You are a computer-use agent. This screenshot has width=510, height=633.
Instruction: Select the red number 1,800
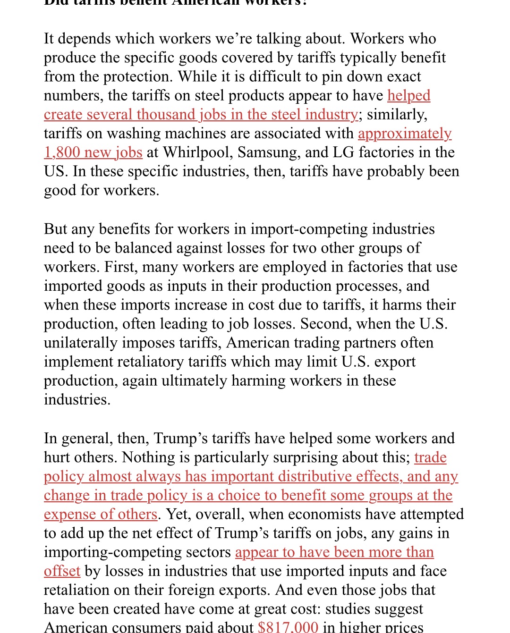pyautogui.click(x=60, y=152)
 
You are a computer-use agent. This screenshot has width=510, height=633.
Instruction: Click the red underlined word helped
pyautogui.click(x=408, y=95)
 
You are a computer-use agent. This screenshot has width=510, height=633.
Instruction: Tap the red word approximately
pyautogui.click(x=405, y=134)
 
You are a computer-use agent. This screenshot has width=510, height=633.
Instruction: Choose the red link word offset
pyautogui.click(x=62, y=571)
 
